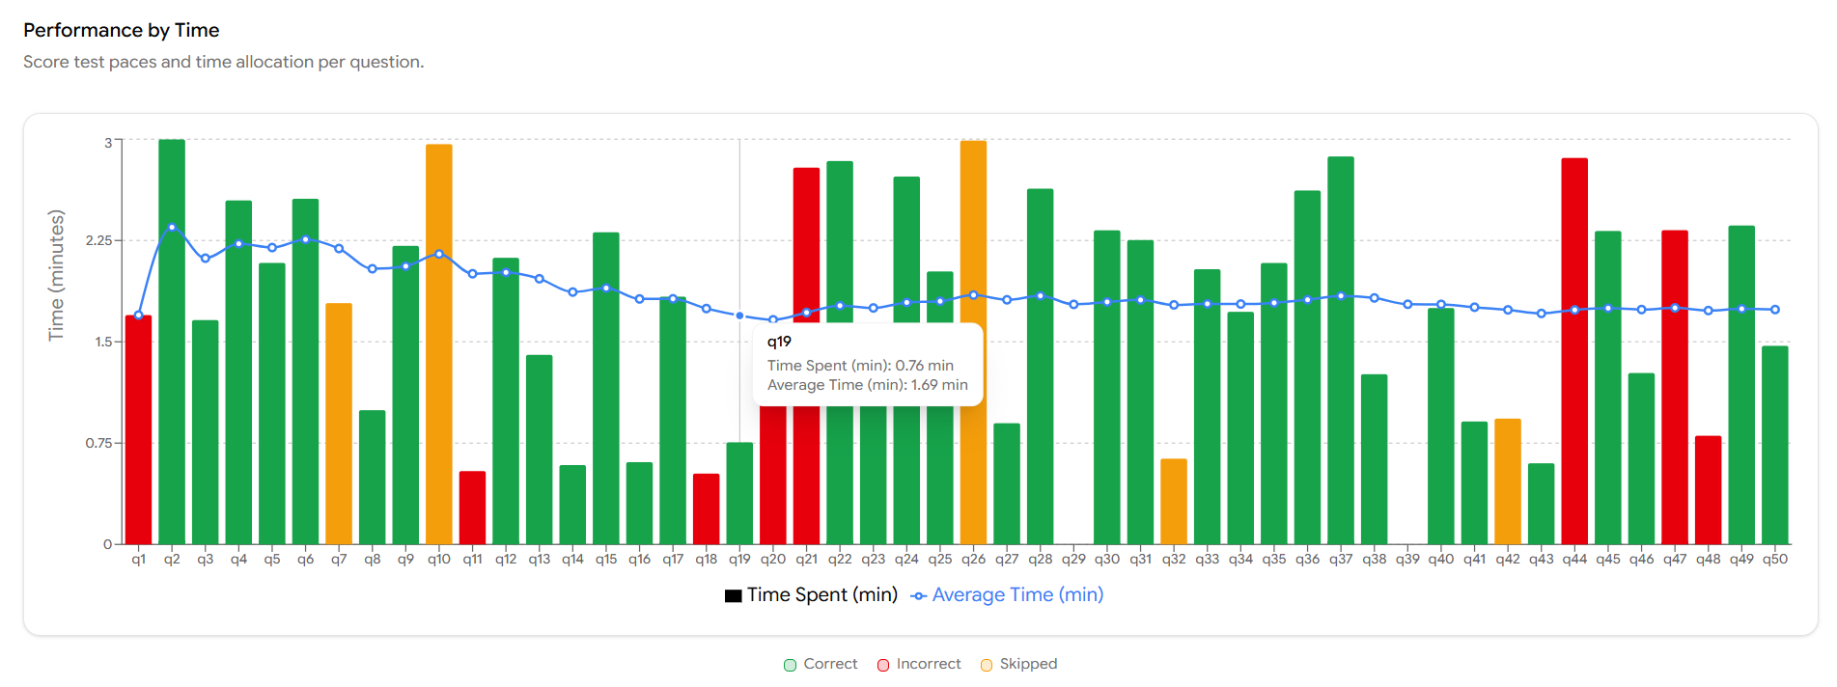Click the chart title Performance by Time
click(x=122, y=30)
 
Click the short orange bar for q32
click(x=1174, y=501)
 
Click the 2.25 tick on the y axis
click(x=98, y=240)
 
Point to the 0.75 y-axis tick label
click(x=98, y=443)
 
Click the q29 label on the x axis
click(x=1073, y=560)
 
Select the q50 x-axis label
click(x=1774, y=560)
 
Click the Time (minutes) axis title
click(x=57, y=275)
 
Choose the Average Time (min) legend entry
click(x=1008, y=595)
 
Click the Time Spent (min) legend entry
click(x=812, y=595)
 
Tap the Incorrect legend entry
click(x=919, y=664)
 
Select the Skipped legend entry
click(x=1019, y=664)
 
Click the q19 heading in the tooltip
click(x=779, y=342)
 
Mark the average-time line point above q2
click(x=172, y=228)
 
